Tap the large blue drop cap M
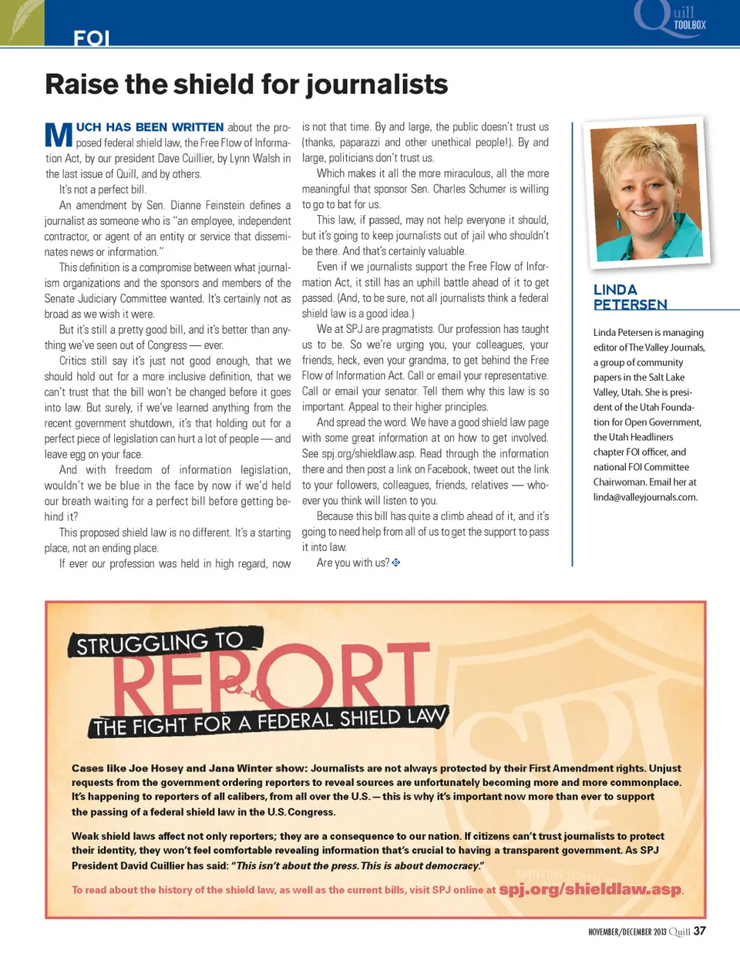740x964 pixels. pos(59,135)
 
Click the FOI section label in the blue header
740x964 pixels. pos(91,38)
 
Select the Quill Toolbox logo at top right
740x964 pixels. pos(669,19)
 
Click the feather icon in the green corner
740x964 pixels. pos(22,21)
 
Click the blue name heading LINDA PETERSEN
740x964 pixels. pos(629,297)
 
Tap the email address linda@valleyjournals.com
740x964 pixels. pos(645,497)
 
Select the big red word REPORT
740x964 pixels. pos(271,680)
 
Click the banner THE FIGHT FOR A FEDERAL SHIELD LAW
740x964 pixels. pos(269,721)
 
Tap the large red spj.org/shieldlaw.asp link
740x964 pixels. pos(590,889)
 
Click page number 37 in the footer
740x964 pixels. pos(699,931)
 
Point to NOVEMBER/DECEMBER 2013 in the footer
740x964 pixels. pos(627,932)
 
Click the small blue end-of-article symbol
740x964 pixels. pos(396,563)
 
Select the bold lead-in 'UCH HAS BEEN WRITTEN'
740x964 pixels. pos(150,127)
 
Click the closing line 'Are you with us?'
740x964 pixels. pos(352,563)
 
